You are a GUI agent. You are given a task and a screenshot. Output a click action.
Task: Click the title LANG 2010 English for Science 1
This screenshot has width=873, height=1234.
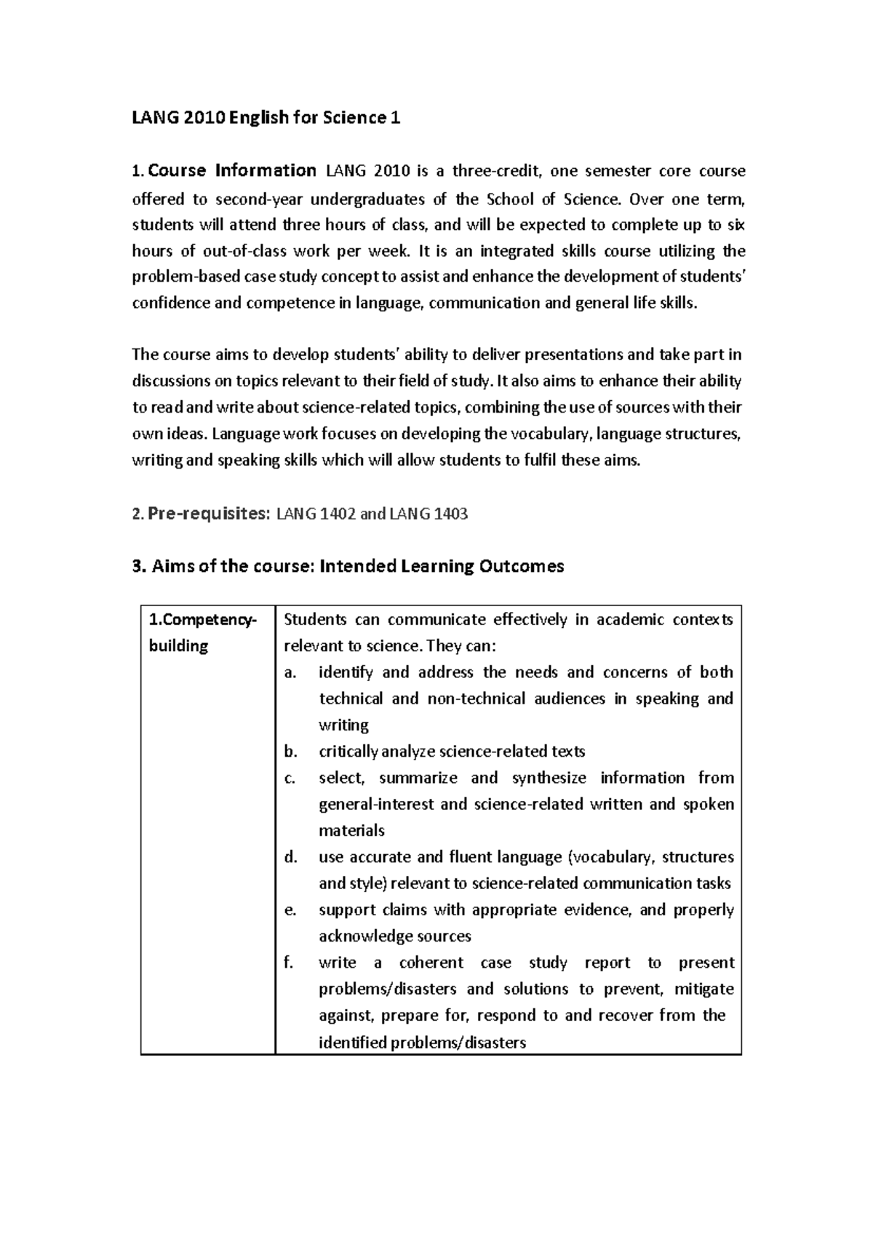(x=266, y=118)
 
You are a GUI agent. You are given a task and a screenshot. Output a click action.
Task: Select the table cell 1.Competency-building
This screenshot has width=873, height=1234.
(x=202, y=632)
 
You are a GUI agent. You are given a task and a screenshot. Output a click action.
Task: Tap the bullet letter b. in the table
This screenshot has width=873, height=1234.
(x=291, y=752)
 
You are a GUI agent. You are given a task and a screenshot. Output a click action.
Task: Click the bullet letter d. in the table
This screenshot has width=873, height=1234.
(x=291, y=858)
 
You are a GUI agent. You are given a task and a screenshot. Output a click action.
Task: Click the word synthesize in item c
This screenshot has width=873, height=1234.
(x=549, y=779)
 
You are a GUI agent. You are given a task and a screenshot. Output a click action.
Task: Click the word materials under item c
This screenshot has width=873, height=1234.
(x=351, y=831)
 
